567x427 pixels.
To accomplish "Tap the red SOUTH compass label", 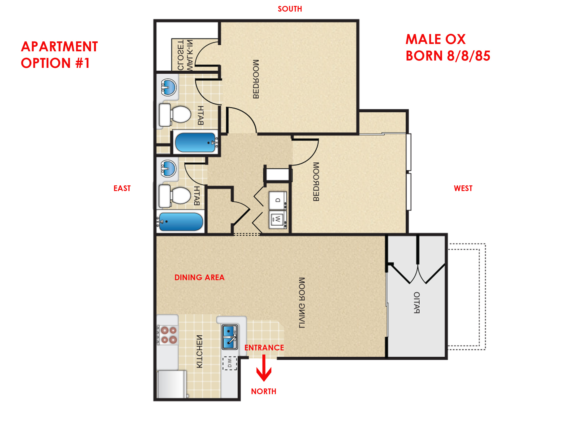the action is click(290, 9).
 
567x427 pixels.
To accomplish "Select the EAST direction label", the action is click(122, 188).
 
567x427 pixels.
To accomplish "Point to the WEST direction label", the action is click(463, 188).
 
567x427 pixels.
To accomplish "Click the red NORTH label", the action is click(263, 392).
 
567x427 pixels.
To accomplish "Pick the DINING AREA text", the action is click(199, 278).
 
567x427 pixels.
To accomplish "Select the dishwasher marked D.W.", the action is click(230, 363).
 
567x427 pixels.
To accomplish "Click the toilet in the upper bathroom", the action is click(175, 114).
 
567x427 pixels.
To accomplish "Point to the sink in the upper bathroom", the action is click(169, 87).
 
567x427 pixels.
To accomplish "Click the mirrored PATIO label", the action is click(417, 303).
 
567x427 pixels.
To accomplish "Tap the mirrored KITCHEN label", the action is click(199, 351).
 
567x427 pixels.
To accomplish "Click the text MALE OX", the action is click(435, 39).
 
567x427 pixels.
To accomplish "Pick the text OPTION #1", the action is click(55, 63).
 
